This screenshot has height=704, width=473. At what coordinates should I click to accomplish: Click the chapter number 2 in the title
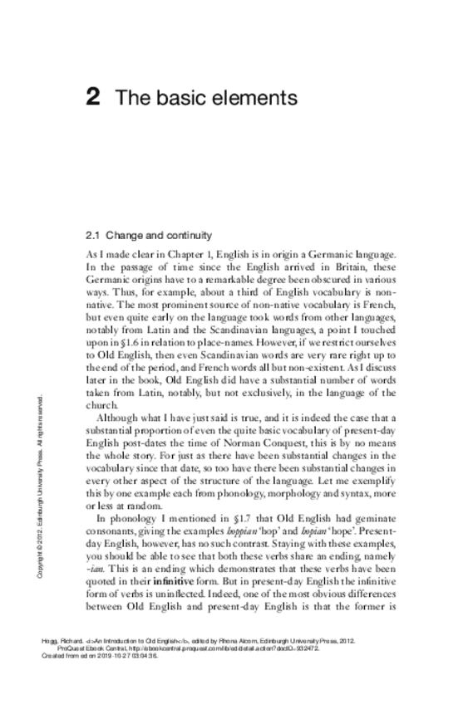[x=94, y=98]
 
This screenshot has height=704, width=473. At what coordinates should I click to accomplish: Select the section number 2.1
[x=93, y=235]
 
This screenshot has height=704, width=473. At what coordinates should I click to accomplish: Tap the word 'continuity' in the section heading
[x=187, y=235]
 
